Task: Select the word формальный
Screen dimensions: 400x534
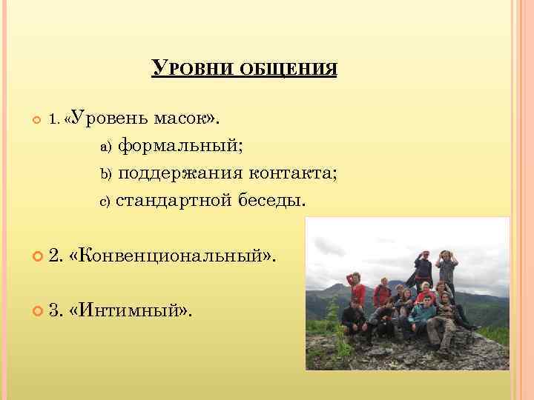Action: pos(179,145)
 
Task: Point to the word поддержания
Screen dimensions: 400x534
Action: pos(180,173)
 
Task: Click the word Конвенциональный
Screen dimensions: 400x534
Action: pos(168,256)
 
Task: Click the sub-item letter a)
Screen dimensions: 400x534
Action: pos(105,147)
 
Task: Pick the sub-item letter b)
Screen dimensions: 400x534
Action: pos(105,174)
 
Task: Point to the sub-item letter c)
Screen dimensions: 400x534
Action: pos(104,201)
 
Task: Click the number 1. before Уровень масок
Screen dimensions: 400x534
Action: pos(55,119)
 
